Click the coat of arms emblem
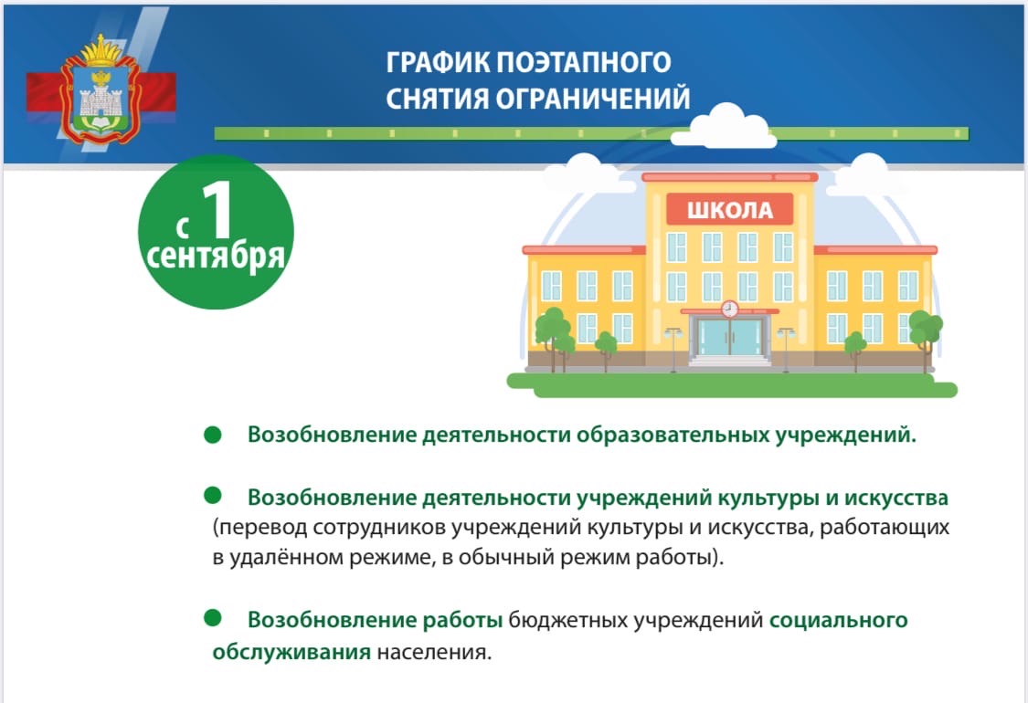pos(101,89)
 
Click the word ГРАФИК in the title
pos(438,62)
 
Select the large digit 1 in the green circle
pos(217,209)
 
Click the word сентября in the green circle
pos(216,257)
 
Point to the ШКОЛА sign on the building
pos(730,210)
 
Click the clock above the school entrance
pos(730,309)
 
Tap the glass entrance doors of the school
pos(730,337)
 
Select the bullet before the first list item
pos(212,435)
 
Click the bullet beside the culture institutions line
pos(212,496)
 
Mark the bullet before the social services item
pos(212,617)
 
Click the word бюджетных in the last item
pos(568,621)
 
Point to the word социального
pos(839,621)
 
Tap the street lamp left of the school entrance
pos(673,349)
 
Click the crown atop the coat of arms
pos(101,50)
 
